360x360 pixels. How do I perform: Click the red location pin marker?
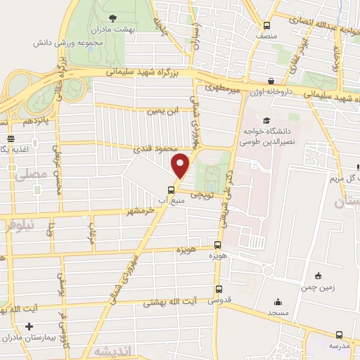tap(181, 165)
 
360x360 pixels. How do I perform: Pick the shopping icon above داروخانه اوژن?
tap(271, 80)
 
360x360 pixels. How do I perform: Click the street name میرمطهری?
tap(223, 89)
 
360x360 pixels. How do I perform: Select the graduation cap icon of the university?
tap(266, 120)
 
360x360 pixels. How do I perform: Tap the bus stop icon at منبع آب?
tap(171, 189)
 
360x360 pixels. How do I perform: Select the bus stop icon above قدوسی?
tap(218, 288)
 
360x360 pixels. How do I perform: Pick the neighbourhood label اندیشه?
tap(112, 350)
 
